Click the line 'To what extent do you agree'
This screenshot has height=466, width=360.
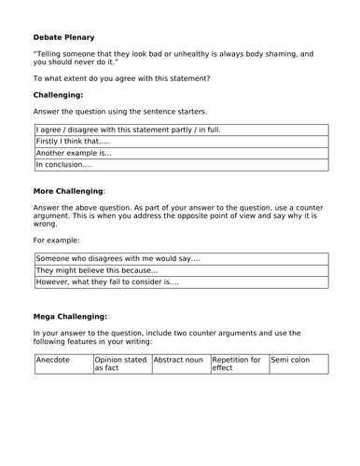coord(121,78)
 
